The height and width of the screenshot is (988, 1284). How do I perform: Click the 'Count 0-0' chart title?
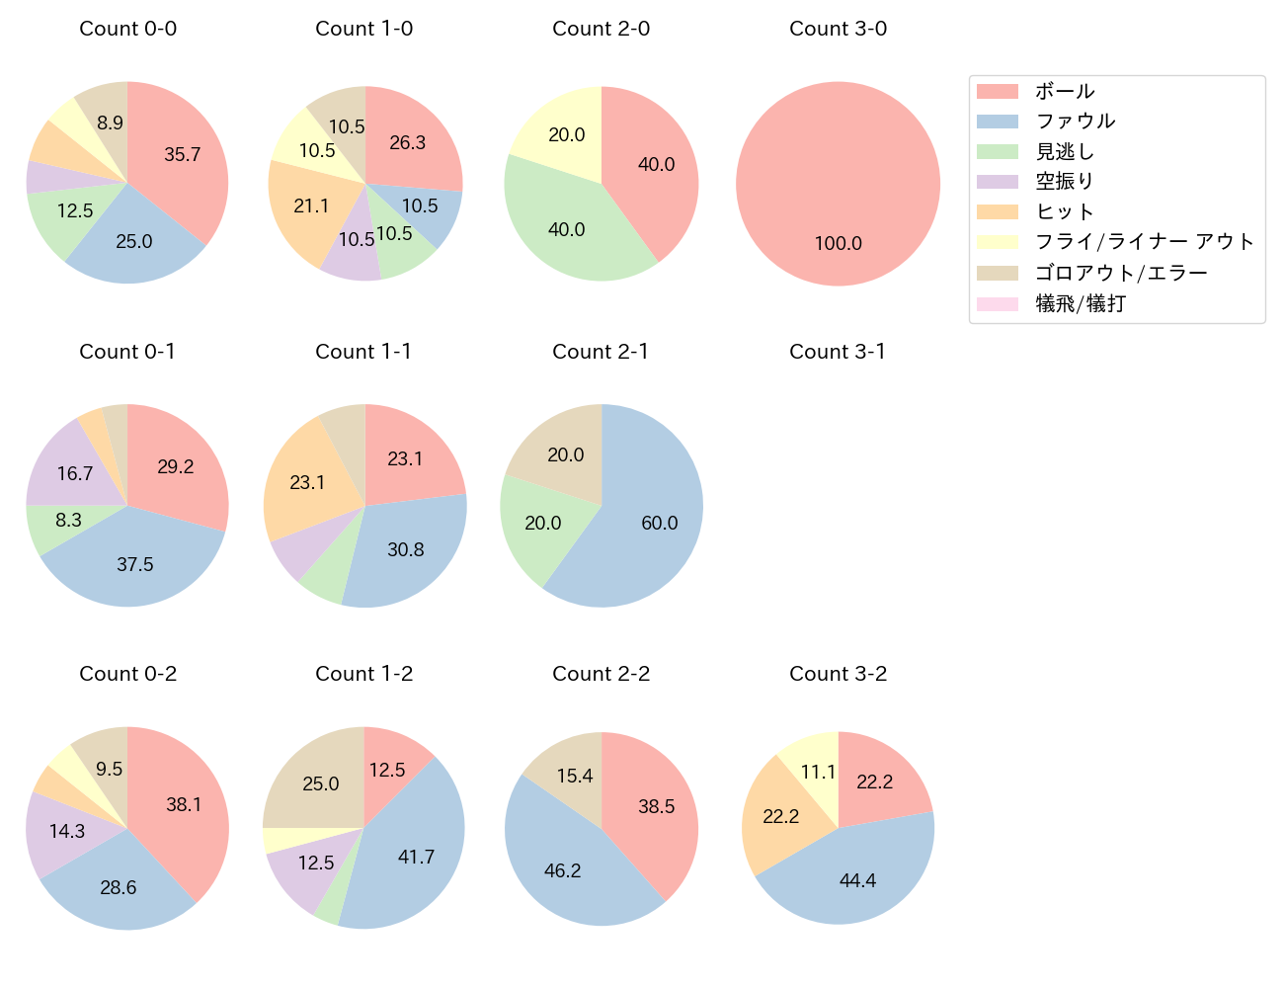[x=128, y=29]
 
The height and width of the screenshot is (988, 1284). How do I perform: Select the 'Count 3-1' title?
[x=838, y=352]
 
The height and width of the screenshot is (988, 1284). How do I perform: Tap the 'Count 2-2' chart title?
[x=601, y=674]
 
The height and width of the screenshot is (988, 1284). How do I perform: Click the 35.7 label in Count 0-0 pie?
[x=183, y=154]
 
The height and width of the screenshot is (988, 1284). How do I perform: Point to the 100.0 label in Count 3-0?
[x=839, y=243]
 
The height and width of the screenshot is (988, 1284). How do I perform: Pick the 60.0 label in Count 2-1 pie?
[x=660, y=523]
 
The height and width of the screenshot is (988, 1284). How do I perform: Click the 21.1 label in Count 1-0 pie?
[x=311, y=206]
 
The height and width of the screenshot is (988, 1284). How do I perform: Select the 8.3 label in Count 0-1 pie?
[x=69, y=520]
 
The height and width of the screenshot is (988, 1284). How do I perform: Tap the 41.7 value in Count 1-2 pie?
[x=416, y=857]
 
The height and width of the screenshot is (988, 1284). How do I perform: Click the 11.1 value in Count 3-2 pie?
[x=818, y=772]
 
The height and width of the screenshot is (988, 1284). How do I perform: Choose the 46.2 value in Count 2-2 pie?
[x=563, y=870]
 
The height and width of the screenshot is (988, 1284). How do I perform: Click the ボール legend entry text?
[x=1065, y=91]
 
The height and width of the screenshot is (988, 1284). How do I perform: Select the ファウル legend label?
[x=1076, y=122]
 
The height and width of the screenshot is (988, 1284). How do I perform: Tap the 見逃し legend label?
[x=1065, y=152]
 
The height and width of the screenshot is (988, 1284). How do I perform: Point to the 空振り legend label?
[x=1065, y=182]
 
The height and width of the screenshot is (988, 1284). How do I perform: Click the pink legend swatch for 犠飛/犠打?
[x=997, y=303]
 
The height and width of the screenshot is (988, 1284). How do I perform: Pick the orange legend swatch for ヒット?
[x=997, y=211]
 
